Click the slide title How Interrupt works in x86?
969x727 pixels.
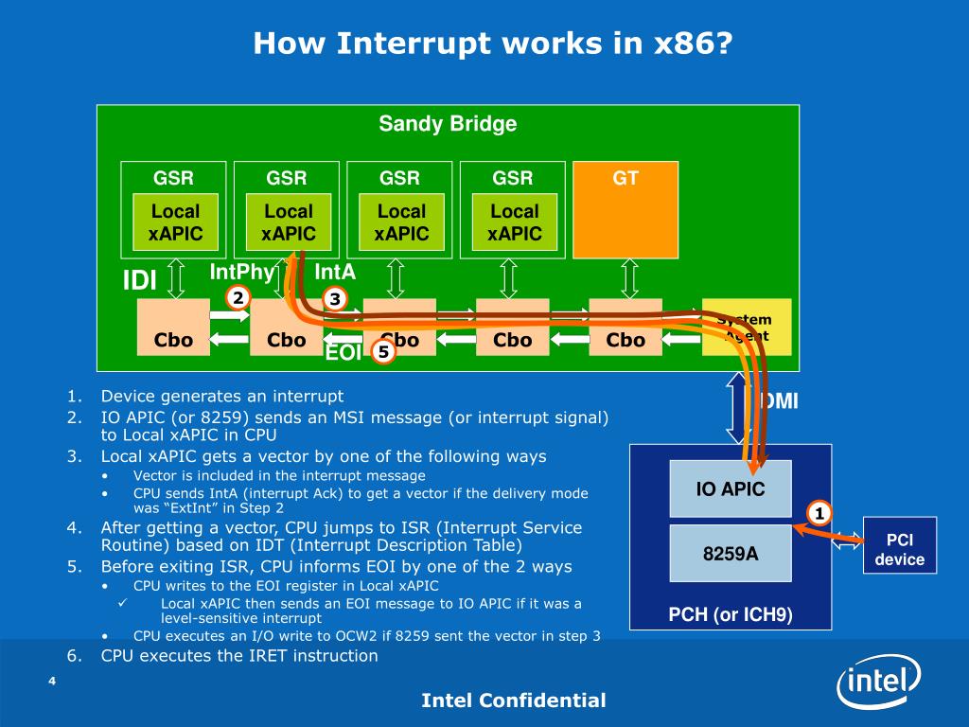(x=493, y=43)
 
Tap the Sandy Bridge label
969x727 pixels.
(x=448, y=124)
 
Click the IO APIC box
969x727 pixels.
(x=730, y=489)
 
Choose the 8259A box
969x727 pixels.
(x=730, y=553)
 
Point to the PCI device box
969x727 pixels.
(x=899, y=549)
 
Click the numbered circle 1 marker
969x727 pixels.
(x=819, y=514)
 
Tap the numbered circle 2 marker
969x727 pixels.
(x=238, y=298)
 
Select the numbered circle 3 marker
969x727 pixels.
(x=333, y=299)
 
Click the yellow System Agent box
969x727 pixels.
(x=747, y=328)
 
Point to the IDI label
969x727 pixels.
(x=139, y=280)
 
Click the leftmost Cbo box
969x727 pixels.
(x=173, y=328)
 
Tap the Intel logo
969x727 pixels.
(x=878, y=681)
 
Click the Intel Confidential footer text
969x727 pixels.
(x=513, y=700)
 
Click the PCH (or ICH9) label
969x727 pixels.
(x=730, y=615)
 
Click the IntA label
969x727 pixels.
(x=335, y=273)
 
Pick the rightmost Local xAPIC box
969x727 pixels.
(x=514, y=222)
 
